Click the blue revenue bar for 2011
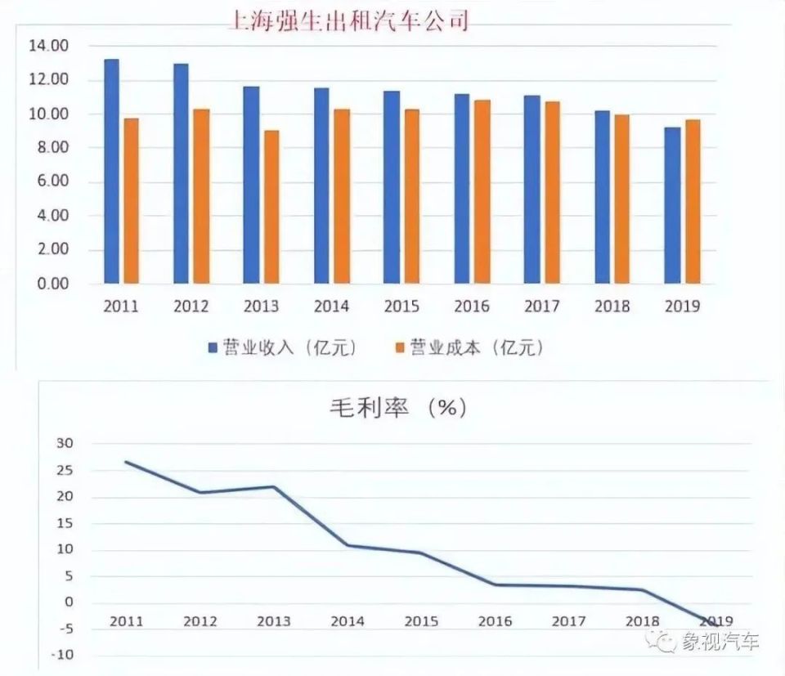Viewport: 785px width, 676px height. (x=111, y=172)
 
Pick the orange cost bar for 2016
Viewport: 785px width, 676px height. (x=482, y=192)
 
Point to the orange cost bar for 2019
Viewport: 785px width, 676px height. (x=693, y=202)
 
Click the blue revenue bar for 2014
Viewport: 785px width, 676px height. (x=321, y=186)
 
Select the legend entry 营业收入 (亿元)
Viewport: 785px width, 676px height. (x=282, y=347)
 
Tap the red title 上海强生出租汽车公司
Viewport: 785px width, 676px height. (x=349, y=20)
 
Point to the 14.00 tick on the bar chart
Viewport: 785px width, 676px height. (x=46, y=46)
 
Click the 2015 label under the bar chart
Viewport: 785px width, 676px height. (x=401, y=307)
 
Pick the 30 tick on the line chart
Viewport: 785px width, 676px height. (x=64, y=444)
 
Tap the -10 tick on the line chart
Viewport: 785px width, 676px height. (x=61, y=655)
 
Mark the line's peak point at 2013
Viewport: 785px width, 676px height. (x=273, y=487)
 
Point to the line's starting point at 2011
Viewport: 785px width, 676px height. (x=127, y=462)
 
